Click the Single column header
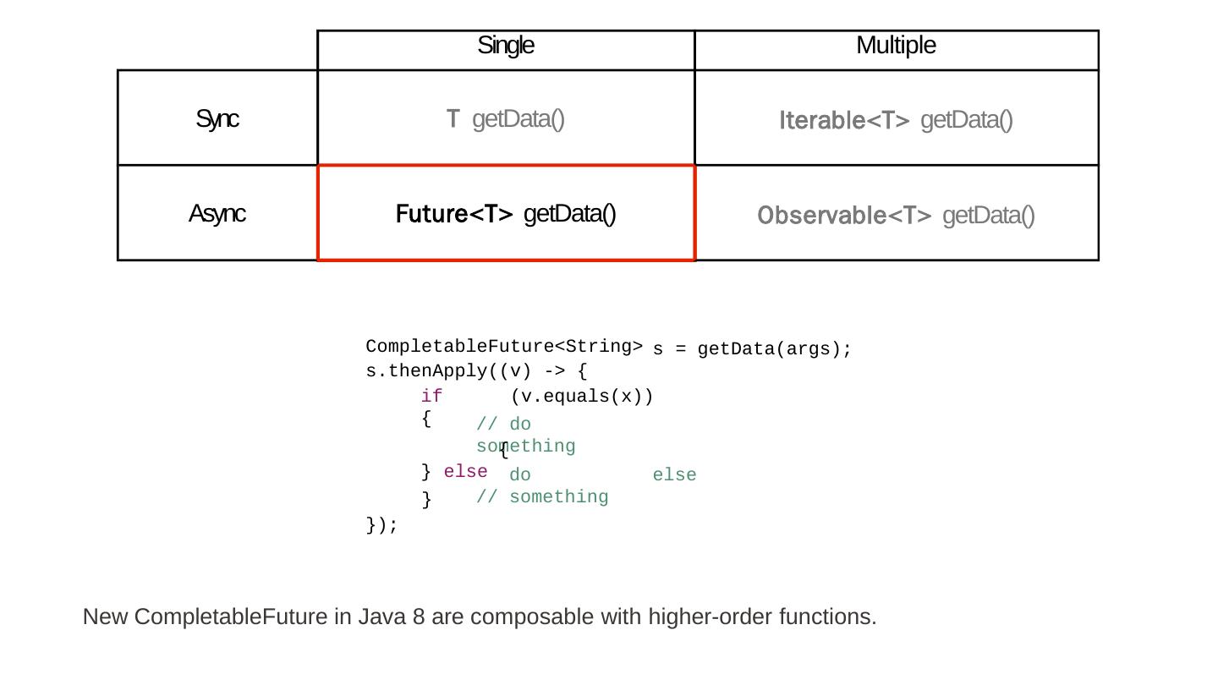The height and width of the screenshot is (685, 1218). pyautogui.click(x=506, y=46)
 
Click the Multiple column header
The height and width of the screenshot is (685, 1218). pyautogui.click(x=896, y=46)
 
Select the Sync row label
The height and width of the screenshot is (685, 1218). pyautogui.click(x=217, y=119)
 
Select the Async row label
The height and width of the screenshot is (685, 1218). pyautogui.click(x=217, y=214)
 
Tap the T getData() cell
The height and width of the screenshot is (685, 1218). pyautogui.click(x=506, y=119)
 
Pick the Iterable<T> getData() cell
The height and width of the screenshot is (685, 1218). pyautogui.click(x=896, y=120)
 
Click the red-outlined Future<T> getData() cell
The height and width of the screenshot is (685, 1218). pyautogui.click(x=506, y=214)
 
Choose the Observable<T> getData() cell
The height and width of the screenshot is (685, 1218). pyautogui.click(x=896, y=216)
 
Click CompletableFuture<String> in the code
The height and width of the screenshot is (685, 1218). pyautogui.click(x=504, y=347)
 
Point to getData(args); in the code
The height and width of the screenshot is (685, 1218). pyautogui.click(x=775, y=349)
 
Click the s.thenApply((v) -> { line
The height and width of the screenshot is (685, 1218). pyautogui.click(x=476, y=371)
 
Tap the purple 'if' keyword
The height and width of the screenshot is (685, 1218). pyautogui.click(x=431, y=396)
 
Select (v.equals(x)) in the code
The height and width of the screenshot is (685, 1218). pyautogui.click(x=582, y=396)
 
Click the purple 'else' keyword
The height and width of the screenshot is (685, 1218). pyautogui.click(x=465, y=471)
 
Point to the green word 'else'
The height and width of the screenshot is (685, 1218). pyautogui.click(x=674, y=475)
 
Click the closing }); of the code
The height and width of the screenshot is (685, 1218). pyautogui.click(x=381, y=525)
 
